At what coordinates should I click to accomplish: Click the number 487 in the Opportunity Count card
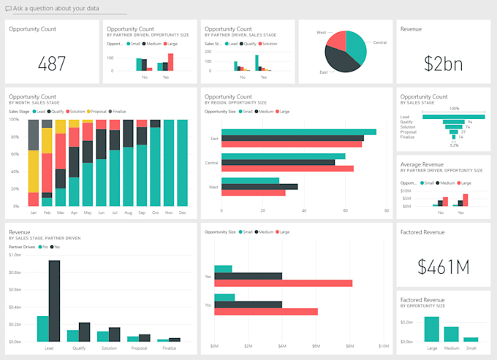pos(52,64)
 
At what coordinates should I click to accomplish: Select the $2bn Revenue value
pos(443,64)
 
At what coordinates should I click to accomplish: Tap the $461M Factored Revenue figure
pos(443,267)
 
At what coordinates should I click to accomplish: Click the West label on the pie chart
pos(321,33)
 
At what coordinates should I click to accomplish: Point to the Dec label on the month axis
pos(182,212)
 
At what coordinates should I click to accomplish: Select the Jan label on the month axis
pos(33,212)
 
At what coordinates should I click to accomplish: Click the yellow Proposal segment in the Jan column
pos(33,171)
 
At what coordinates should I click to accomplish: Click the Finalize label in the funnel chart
pos(407,137)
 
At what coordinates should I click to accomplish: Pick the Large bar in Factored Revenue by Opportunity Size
pos(432,329)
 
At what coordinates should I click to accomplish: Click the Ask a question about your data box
pos(66,8)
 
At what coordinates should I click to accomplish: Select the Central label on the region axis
pos(213,162)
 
